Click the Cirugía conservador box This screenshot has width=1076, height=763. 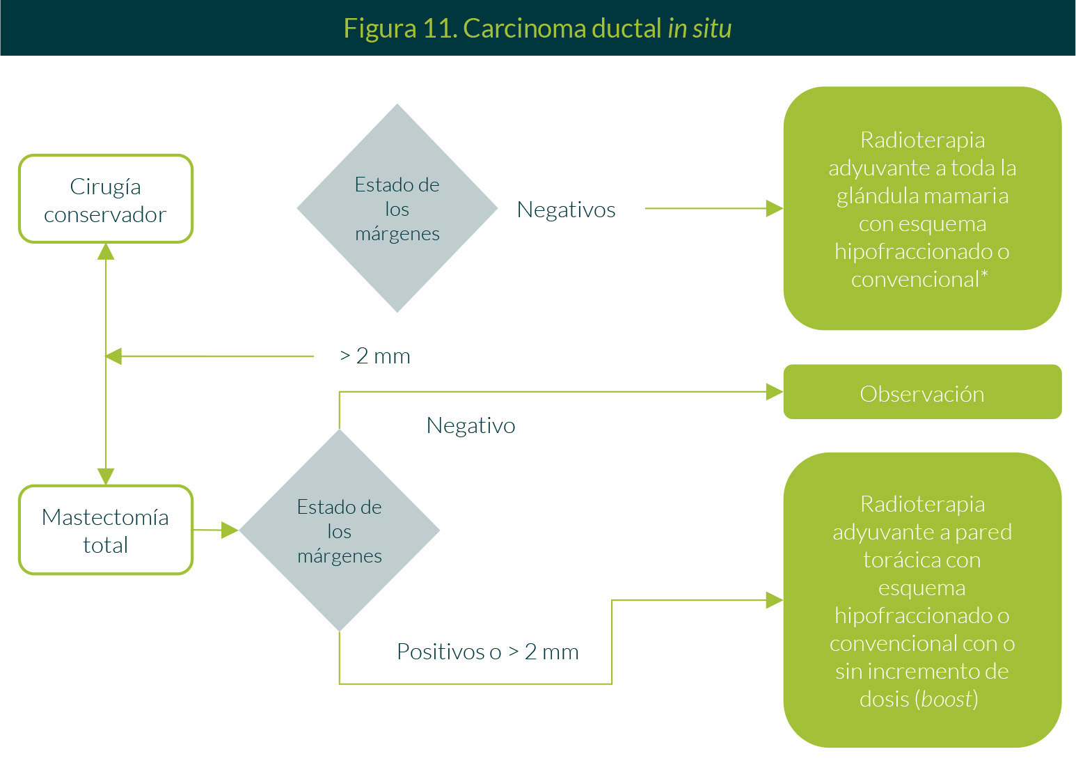tap(106, 200)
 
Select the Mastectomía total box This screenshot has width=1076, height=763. tap(106, 530)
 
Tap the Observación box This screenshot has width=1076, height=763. tap(922, 393)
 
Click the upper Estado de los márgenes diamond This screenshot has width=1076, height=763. tap(397, 208)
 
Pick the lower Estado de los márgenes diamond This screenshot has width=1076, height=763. tap(340, 530)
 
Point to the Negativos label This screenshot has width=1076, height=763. tap(566, 210)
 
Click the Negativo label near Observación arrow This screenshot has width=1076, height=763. tap(470, 425)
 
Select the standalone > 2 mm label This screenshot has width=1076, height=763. tap(375, 356)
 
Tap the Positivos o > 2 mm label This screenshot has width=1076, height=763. tap(487, 652)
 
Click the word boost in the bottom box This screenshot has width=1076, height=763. tap(947, 699)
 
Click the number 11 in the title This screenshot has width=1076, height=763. tap(438, 29)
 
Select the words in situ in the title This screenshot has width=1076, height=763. tap(699, 29)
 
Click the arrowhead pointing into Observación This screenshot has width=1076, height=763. tap(775, 392)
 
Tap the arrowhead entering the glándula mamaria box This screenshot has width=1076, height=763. tap(775, 208)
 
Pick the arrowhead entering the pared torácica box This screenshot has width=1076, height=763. tap(775, 600)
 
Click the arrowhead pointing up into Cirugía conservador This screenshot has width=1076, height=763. tap(106, 251)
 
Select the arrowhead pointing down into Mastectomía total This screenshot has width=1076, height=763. tap(106, 476)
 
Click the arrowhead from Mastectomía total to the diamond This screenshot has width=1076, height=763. tap(230, 530)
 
